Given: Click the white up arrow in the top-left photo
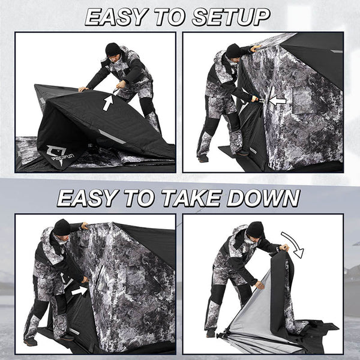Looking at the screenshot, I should [x=107, y=102].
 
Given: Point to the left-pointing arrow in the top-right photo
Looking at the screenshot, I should [x=277, y=101].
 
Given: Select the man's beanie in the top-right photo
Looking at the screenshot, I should [x=233, y=51].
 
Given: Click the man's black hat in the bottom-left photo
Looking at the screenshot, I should [x=62, y=227].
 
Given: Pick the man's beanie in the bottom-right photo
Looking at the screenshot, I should [x=255, y=229].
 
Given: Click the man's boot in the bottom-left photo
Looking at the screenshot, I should [x=30, y=341].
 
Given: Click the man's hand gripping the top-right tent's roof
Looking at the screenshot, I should [x=256, y=48].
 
